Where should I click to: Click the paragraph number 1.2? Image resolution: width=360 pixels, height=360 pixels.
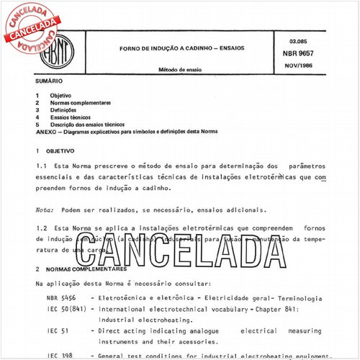click(x=40, y=228)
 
